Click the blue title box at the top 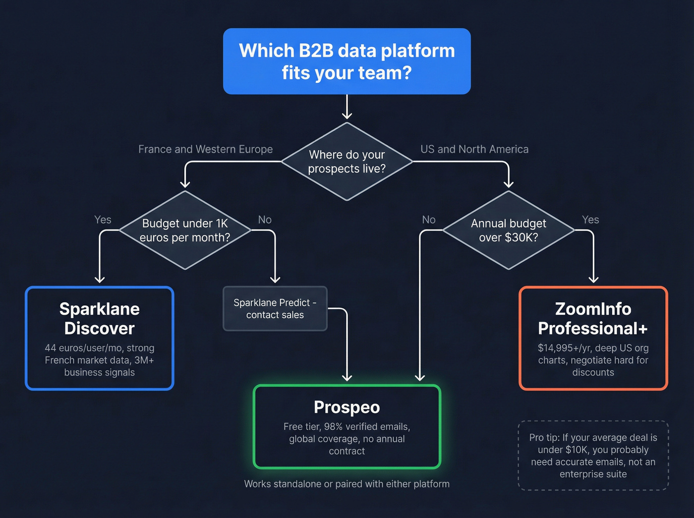347,61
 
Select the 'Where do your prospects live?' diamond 347,162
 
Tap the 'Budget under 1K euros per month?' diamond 185,230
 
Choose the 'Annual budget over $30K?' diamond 508,230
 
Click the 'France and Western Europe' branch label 205,149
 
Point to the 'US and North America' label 474,149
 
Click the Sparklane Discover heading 100,319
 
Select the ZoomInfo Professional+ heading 593,319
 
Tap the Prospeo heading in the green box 347,407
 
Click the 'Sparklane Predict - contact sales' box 275,308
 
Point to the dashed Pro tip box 593,456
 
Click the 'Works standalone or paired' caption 347,484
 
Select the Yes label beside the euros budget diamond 103,220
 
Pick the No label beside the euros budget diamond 265,220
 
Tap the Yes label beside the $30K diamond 590,220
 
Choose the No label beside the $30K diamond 429,220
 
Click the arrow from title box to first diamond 347,107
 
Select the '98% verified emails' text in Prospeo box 367,427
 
